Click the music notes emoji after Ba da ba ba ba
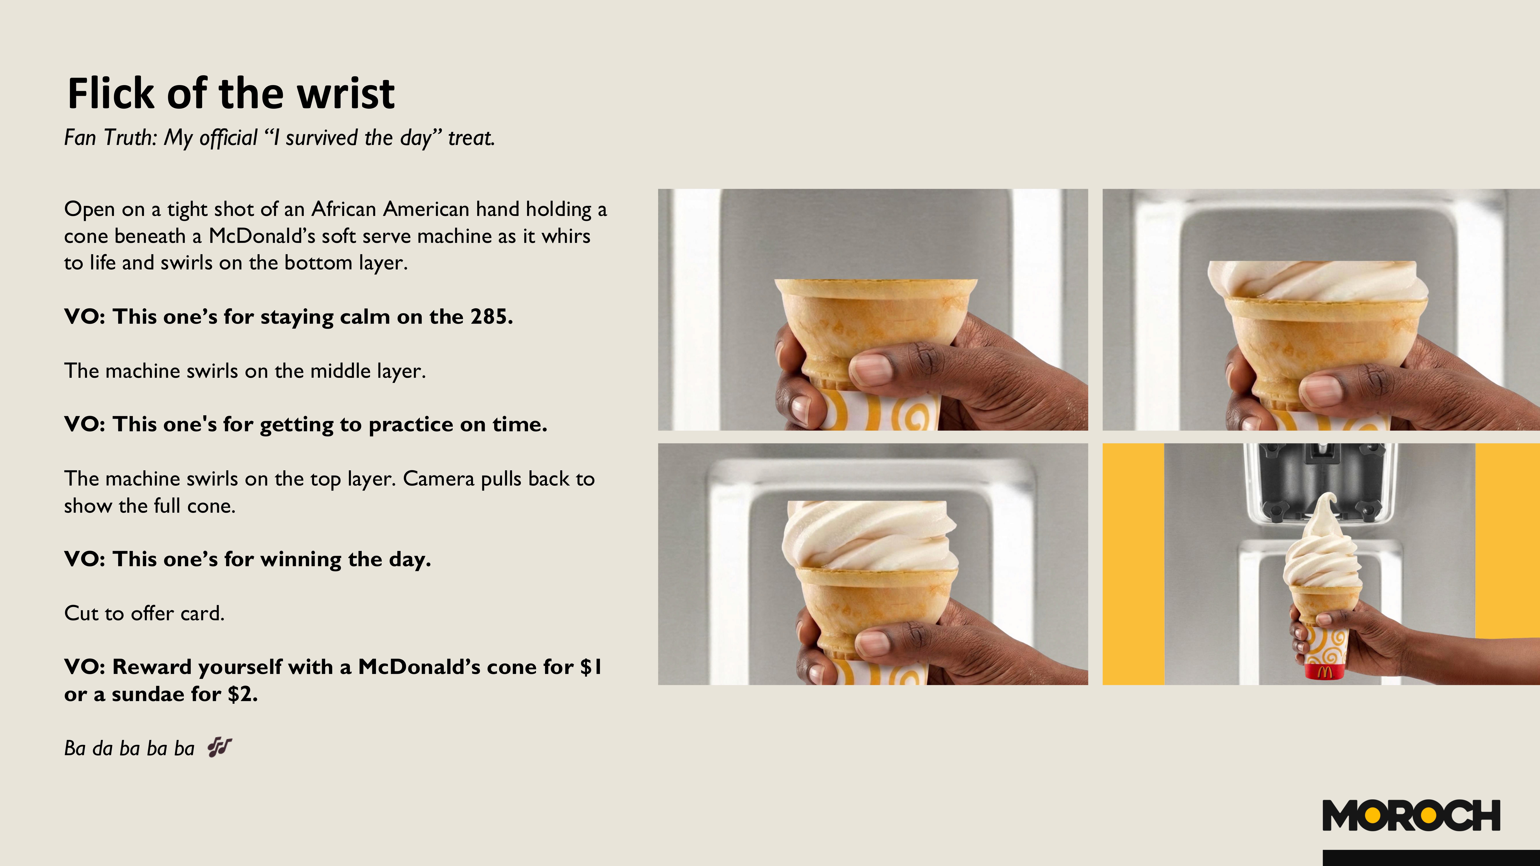tap(219, 747)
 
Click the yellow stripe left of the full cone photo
tap(1133, 564)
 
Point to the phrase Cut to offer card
tap(144, 613)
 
